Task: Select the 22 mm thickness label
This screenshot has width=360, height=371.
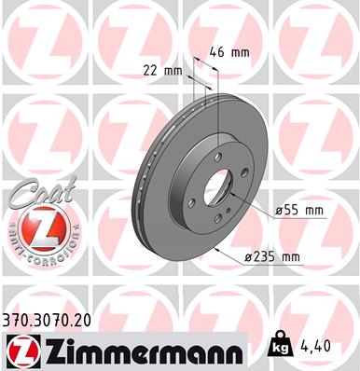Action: coord(162,69)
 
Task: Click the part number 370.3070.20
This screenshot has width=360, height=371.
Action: coord(46,320)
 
